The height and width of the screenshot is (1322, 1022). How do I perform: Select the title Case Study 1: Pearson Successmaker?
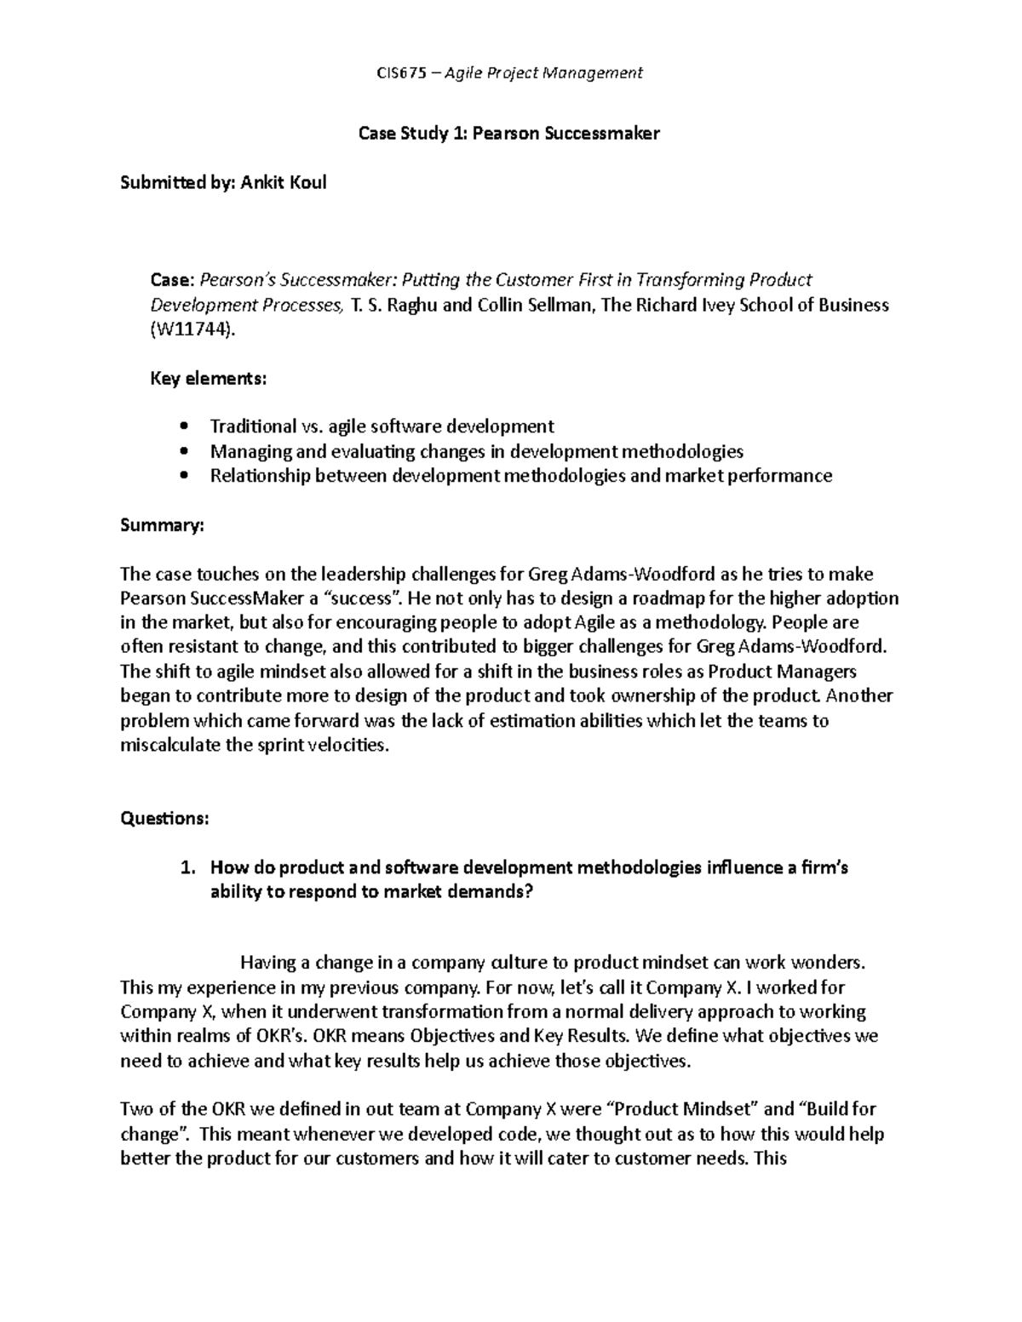point(509,134)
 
